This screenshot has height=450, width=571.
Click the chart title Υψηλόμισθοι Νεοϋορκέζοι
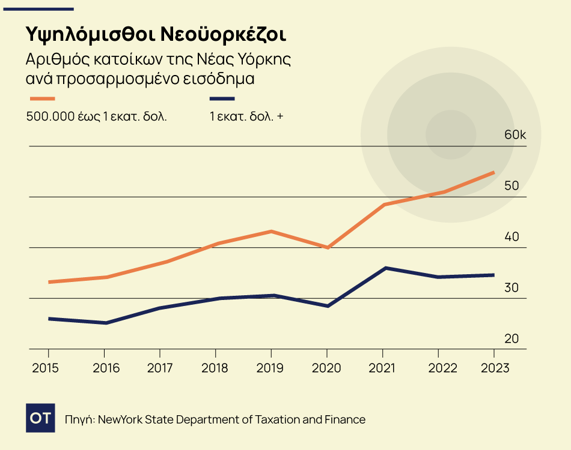click(156, 34)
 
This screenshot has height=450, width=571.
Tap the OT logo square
click(40, 418)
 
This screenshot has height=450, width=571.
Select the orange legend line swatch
click(42, 98)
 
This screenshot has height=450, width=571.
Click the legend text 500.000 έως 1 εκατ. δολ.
click(96, 116)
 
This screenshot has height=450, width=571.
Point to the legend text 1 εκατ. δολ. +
click(246, 116)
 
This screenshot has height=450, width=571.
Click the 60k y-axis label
click(515, 135)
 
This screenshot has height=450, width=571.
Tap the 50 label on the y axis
click(511, 186)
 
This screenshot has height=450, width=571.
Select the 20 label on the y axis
click(511, 338)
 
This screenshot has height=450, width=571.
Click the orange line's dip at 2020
click(328, 247)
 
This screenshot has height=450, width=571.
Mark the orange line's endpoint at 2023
click(493, 173)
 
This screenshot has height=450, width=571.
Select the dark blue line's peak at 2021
click(385, 268)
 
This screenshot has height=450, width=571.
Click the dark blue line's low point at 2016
click(105, 323)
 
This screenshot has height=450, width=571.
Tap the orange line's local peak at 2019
click(271, 231)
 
